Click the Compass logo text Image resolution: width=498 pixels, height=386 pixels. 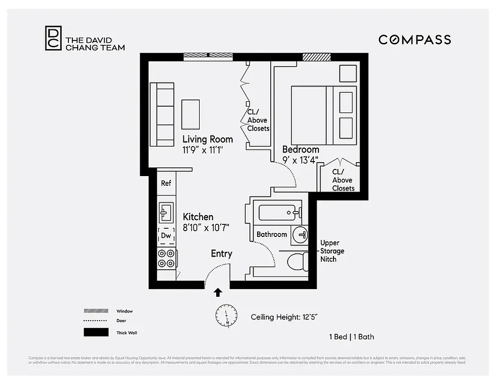coord(415,40)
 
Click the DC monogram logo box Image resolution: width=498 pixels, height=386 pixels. coord(53,38)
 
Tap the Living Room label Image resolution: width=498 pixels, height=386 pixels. coord(207,139)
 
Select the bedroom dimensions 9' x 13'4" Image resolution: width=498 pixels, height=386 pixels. coord(300,160)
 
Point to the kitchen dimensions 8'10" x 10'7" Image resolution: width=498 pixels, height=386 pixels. coord(206,227)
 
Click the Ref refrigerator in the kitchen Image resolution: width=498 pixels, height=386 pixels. coord(166,183)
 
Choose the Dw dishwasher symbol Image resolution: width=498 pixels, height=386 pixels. coord(166,235)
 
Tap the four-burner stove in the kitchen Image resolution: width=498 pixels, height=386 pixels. coord(166,258)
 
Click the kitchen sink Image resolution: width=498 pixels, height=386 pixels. coord(166,211)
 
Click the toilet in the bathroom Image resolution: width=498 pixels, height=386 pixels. coord(297,262)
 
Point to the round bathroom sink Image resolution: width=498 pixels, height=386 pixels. coord(301,234)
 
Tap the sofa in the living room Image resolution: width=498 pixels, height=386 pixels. coord(162,114)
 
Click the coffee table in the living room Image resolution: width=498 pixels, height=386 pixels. coord(191,114)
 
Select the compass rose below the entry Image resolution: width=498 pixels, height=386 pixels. coord(226,317)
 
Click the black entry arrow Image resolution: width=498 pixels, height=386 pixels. coord(218,292)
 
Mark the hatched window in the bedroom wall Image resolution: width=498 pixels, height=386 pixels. coord(317,57)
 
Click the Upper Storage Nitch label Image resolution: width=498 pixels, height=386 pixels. coord(332,251)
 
